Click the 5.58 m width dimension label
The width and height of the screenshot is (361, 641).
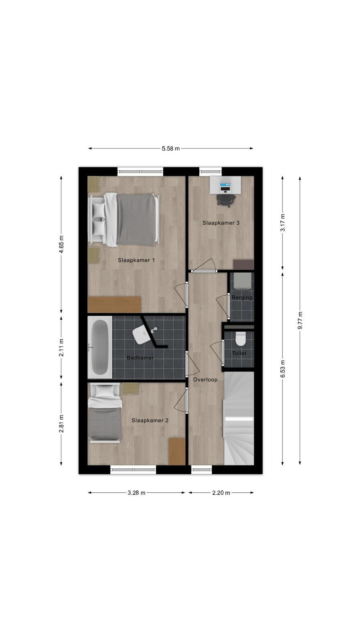[x=171, y=149]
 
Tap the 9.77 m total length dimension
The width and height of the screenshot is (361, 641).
[x=300, y=320]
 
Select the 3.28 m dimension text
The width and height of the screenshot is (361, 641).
[x=136, y=493]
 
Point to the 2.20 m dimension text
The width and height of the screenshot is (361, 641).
[x=221, y=493]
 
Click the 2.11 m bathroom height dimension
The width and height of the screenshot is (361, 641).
[x=61, y=347]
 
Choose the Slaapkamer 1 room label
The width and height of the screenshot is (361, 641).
[x=136, y=260]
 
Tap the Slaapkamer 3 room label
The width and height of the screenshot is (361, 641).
[x=221, y=223]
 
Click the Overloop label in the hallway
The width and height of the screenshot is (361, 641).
[x=205, y=380]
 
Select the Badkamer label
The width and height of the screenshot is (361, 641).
[x=140, y=358]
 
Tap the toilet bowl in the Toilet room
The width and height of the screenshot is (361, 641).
[x=240, y=339]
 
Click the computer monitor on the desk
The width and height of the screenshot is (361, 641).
[x=225, y=185]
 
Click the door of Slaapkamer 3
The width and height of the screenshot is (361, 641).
[x=204, y=265]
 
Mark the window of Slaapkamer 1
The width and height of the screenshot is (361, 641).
[x=140, y=172]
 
